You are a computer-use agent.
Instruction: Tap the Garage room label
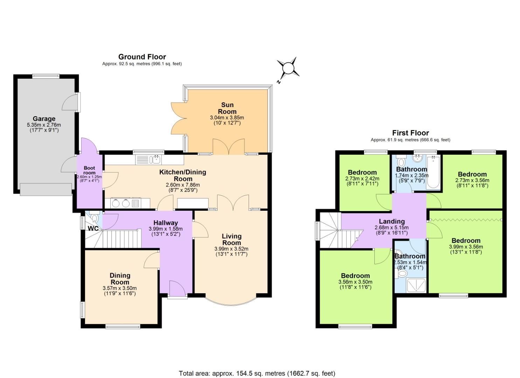pos(44,119)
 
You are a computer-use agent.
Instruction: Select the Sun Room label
pos(227,108)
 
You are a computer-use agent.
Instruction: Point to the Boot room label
pos(89,170)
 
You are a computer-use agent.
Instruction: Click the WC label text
pos(93,229)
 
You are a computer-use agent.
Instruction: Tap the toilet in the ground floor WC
pos(94,219)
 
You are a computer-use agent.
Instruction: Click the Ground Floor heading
pos(142,57)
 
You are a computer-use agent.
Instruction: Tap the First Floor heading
pos(410,133)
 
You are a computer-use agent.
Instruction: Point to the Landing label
pos(391,221)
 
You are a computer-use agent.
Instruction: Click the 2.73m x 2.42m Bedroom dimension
pos(362,178)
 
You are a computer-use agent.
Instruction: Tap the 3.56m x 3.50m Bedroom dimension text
pos(355,282)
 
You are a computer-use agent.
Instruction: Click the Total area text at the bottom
pos(257,373)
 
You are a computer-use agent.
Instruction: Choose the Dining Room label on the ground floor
pos(120,279)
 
